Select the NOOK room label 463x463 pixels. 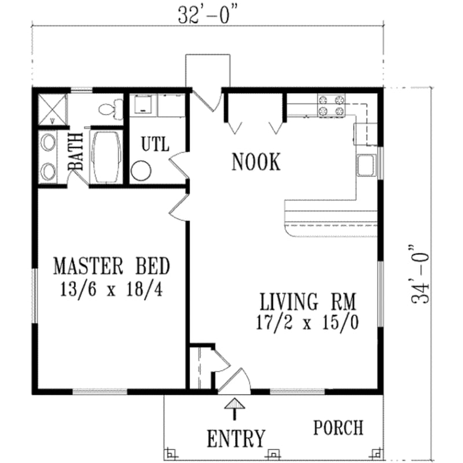coord(256,163)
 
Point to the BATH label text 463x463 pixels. coord(76,152)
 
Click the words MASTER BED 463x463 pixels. coord(111,267)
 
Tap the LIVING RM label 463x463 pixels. coord(307,302)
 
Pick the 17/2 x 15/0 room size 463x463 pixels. coord(307,322)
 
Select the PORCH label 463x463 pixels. coord(339,428)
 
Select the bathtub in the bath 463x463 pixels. coord(105,156)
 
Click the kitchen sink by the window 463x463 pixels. coord(366,166)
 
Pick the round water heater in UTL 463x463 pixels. coord(141,171)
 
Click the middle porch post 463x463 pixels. coord(272,453)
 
